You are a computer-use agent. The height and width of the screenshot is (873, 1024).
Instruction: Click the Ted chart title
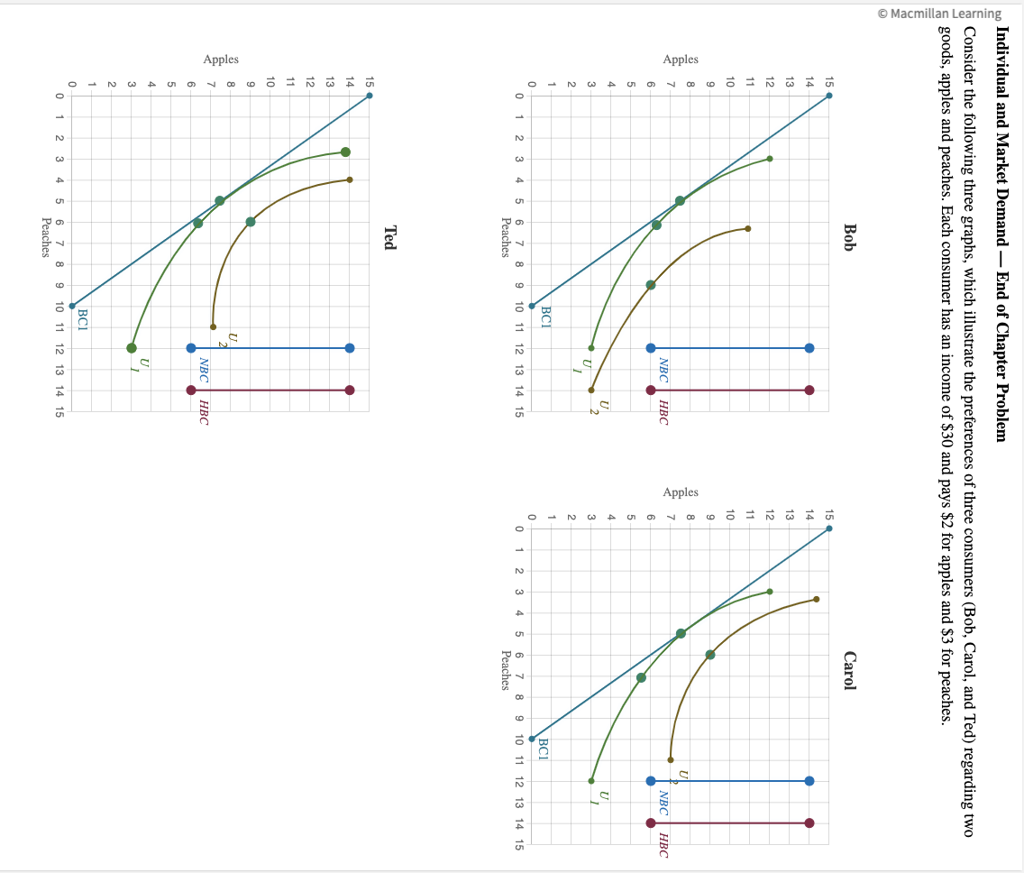390,237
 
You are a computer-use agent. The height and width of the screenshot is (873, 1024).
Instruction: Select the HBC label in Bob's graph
663,411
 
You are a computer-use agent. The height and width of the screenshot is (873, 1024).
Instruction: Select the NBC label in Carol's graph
663,803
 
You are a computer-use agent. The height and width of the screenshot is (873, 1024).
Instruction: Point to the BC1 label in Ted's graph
84,318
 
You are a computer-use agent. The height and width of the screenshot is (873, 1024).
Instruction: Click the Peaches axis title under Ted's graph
45,237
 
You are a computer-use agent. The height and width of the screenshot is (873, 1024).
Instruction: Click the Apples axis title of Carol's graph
681,492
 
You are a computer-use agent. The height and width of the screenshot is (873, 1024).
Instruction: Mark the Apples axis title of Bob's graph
681,60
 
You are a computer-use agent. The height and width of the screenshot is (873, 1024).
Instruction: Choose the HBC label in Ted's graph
204,411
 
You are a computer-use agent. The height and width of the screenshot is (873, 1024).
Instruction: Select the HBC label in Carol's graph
663,845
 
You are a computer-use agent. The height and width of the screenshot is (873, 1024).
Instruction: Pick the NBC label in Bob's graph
663,370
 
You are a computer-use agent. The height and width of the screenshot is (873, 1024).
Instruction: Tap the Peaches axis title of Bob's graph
505,237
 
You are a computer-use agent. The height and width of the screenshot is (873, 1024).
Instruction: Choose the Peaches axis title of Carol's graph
505,670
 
